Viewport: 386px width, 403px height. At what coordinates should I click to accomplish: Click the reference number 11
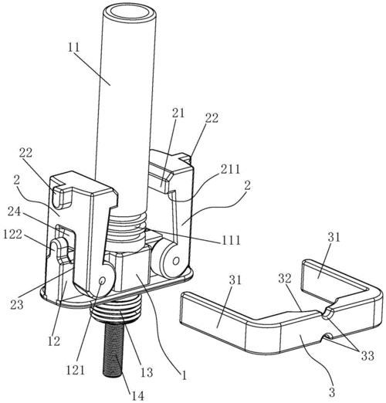pyautogui.click(x=74, y=48)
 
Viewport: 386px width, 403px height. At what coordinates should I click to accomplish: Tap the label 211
pyautogui.click(x=231, y=169)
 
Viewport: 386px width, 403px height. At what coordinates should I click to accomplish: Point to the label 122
pyautogui.click(x=12, y=234)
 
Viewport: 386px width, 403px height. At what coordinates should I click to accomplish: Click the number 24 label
pyautogui.click(x=15, y=212)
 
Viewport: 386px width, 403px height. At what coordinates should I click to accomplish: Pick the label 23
pyautogui.click(x=16, y=304)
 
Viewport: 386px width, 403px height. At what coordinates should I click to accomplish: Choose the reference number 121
pyautogui.click(x=76, y=371)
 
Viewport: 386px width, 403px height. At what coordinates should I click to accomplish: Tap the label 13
pyautogui.click(x=147, y=372)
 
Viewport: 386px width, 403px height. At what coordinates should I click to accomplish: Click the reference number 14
pyautogui.click(x=137, y=396)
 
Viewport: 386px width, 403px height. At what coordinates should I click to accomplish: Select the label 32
pyautogui.click(x=285, y=279)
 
